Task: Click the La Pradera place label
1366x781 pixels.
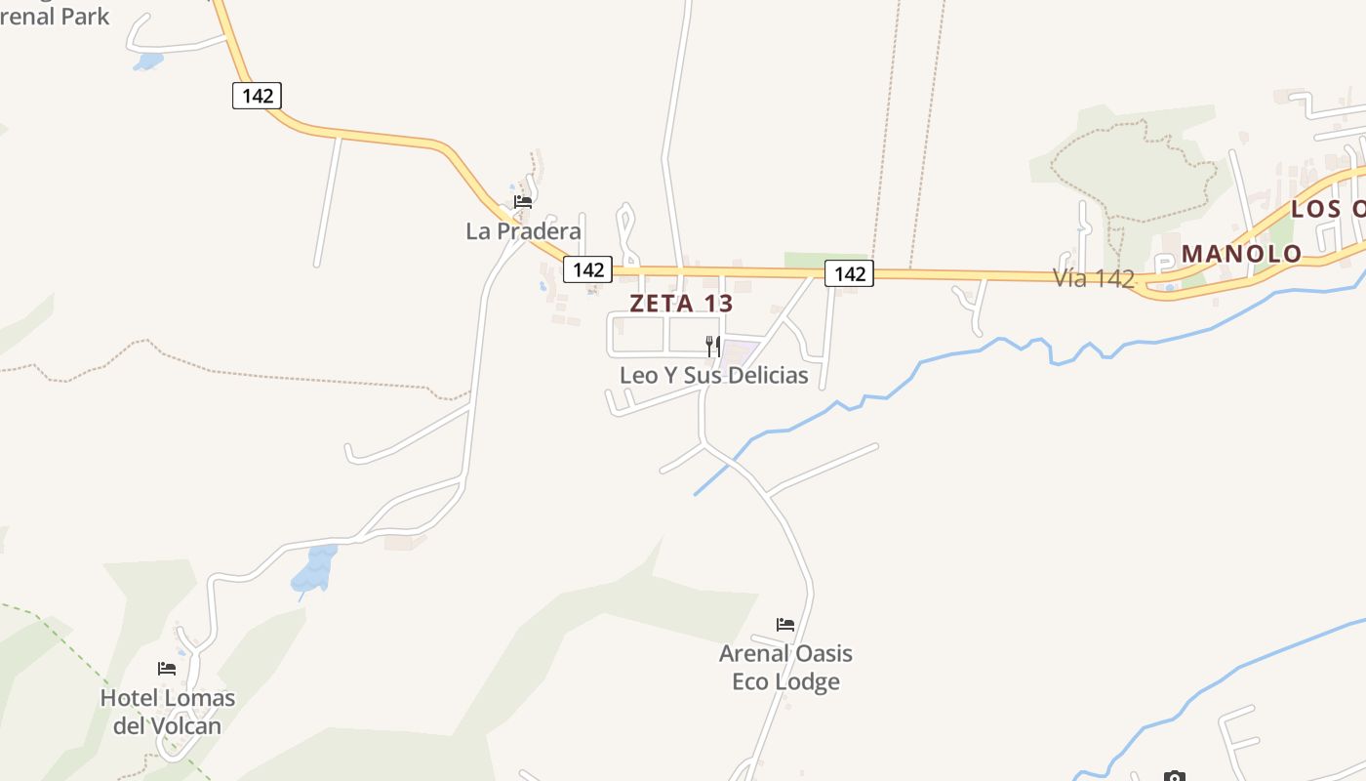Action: coord(523,231)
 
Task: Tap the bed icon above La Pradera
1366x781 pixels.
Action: coord(523,202)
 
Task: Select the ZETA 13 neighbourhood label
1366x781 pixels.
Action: coord(681,303)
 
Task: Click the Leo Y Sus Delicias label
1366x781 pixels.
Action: coord(713,376)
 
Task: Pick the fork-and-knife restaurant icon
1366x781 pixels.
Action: coord(713,346)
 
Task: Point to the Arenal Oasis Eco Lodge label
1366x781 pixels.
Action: coord(785,667)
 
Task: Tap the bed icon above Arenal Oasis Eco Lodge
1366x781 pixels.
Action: coord(785,624)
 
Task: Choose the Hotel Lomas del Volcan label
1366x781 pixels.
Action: coord(168,712)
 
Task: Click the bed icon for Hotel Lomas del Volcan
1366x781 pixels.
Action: coord(167,669)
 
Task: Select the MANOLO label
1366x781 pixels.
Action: coord(1241,254)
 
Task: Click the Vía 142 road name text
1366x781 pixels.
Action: coord(1094,278)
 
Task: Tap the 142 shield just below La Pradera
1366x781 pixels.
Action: coord(587,269)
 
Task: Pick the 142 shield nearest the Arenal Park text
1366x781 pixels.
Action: coord(258,96)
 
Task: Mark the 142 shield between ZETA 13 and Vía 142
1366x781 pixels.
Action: coord(849,273)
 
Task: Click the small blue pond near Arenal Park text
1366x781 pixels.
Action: coord(148,62)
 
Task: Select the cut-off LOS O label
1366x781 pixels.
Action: coord(1329,209)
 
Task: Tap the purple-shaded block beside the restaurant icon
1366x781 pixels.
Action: coord(740,351)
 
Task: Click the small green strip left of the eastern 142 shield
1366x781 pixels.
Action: coord(805,259)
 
